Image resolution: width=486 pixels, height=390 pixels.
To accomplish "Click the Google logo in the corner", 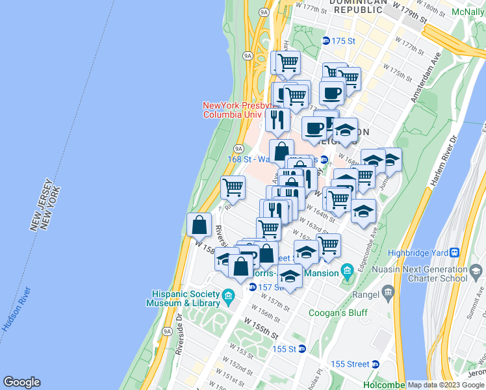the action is [x=21, y=382].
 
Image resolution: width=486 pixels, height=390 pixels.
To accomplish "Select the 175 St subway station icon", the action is [x=326, y=41].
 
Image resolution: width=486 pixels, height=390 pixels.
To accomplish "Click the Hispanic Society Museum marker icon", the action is [x=228, y=298].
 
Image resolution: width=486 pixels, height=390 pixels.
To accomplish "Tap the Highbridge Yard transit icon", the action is [x=455, y=253].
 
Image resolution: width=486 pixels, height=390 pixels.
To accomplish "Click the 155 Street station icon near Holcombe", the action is [x=376, y=363].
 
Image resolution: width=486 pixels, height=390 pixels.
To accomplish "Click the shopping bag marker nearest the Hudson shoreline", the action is [x=199, y=225].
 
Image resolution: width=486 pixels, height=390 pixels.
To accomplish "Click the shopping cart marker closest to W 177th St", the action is [x=287, y=63].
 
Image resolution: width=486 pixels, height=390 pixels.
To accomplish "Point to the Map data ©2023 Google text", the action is [x=446, y=385].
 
